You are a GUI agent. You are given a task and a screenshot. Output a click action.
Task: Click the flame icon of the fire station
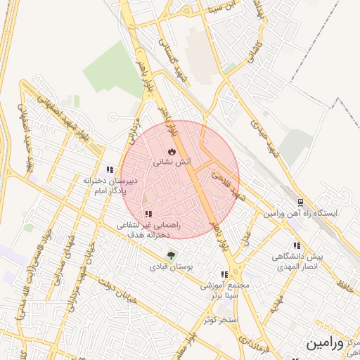172,152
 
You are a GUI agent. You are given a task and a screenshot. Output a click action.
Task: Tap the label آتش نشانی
170,162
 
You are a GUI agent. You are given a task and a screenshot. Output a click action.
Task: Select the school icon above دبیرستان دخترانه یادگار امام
109,169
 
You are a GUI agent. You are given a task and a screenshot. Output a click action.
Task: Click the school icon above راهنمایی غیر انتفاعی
148,214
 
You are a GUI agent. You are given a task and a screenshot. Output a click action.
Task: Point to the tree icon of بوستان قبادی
170,255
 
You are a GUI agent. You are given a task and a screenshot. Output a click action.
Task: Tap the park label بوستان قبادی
170,266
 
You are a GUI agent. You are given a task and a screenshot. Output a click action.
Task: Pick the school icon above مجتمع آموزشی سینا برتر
224,274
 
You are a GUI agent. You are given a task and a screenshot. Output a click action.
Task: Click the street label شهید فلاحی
227,184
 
